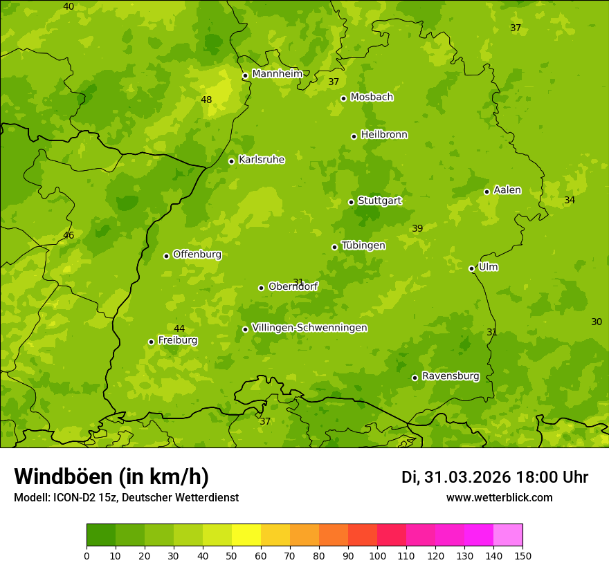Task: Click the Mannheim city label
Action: tap(277, 73)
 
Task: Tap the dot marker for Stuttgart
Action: tap(351, 202)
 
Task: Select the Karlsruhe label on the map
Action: tap(262, 159)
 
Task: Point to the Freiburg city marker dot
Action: tap(151, 342)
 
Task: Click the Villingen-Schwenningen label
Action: tap(309, 327)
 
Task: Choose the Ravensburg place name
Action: tap(451, 376)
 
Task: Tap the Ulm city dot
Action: tap(471, 268)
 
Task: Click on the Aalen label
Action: tap(507, 189)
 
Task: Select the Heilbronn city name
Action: tap(384, 134)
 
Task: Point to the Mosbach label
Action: tap(372, 97)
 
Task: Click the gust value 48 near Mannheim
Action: tap(206, 100)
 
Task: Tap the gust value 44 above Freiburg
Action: tap(179, 328)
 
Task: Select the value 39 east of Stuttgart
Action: tap(417, 228)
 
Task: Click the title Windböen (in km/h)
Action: tap(111, 476)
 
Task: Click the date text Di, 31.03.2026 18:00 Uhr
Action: tap(495, 477)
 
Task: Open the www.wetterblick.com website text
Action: tap(499, 497)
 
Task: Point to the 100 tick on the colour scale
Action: tap(377, 555)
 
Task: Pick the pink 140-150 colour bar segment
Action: tap(508, 535)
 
